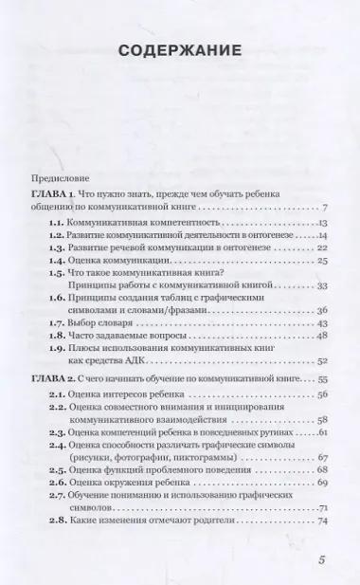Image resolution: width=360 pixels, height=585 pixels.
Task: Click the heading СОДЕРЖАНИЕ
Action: [180, 50]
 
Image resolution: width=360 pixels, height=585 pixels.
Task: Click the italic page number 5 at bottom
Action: [321, 560]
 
